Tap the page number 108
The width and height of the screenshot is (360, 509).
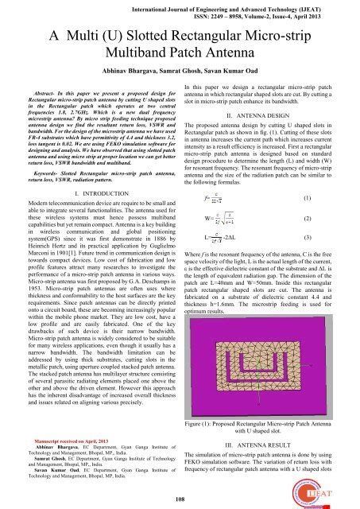(180, 499)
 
